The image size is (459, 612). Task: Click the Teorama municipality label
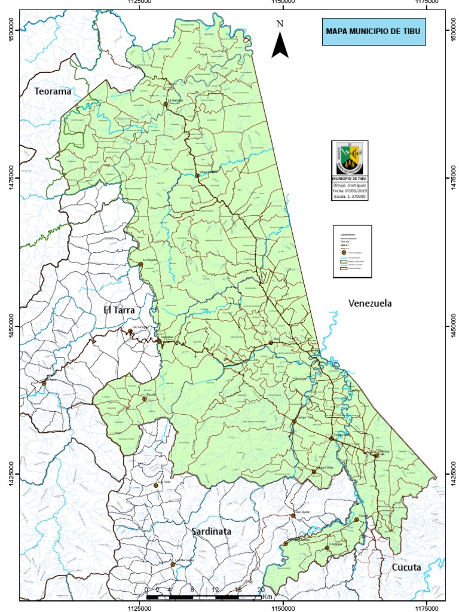pos(53,91)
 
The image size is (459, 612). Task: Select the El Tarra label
pos(120,310)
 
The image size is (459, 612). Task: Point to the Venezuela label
pos(370,304)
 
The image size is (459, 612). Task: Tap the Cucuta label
pos(406,567)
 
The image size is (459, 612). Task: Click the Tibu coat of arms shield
pos(350,157)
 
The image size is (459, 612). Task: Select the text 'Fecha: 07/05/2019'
pos(350,191)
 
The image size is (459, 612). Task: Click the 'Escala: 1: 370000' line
pos(350,197)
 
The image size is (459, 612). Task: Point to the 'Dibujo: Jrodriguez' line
pos(350,185)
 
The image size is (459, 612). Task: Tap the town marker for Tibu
pos(271,342)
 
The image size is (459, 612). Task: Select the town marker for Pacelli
pos(144,399)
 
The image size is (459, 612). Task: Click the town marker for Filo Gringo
pos(130,331)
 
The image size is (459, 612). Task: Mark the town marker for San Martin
pos(293,515)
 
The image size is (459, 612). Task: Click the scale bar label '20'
pos(261,590)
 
